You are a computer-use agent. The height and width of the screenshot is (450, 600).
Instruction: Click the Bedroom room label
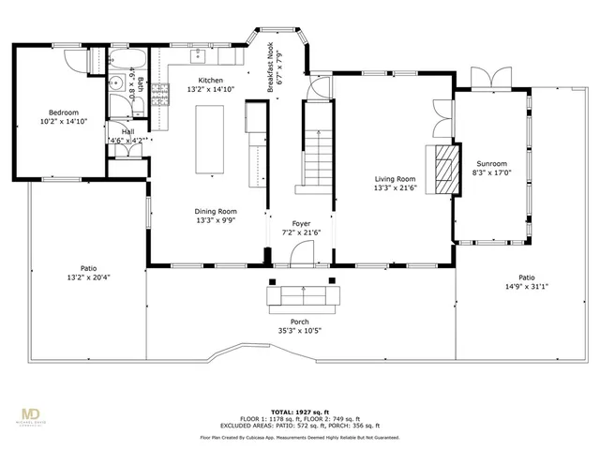(58, 112)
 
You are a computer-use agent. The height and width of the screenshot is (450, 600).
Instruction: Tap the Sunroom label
(491, 163)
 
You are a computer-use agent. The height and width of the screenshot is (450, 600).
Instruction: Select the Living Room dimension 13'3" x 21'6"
(395, 187)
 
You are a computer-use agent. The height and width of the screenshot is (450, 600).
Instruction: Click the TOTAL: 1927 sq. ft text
(299, 412)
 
